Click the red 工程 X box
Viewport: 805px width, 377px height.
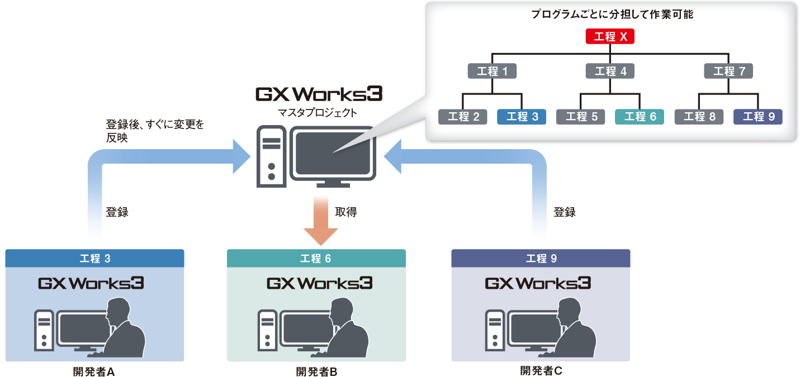click(610, 37)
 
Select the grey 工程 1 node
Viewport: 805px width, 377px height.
click(492, 71)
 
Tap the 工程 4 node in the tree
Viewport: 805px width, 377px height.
click(610, 71)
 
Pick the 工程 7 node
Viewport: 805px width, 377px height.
click(728, 71)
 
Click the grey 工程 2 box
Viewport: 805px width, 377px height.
click(463, 117)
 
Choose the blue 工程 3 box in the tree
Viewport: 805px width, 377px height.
click(521, 117)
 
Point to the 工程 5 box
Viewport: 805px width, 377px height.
click(580, 117)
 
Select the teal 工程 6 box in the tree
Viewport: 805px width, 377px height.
click(640, 117)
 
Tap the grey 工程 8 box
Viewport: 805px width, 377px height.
click(699, 117)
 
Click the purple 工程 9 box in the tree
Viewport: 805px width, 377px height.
click(757, 117)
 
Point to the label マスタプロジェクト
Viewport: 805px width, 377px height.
click(317, 113)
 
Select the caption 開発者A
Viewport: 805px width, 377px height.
click(94, 371)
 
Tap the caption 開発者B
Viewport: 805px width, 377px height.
click(316, 371)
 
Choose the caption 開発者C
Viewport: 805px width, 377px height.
click(541, 370)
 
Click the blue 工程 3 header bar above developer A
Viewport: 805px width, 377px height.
click(94, 258)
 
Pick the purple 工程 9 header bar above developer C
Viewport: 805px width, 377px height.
click(541, 258)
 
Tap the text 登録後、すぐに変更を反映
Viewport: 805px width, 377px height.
click(154, 131)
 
